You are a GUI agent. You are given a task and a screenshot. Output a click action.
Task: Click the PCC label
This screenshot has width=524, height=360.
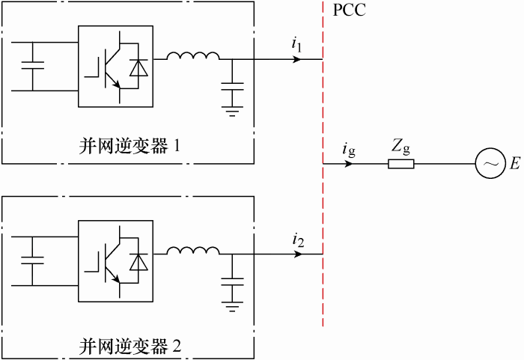[350, 10]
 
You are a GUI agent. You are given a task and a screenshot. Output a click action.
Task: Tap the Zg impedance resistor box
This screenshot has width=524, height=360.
[401, 164]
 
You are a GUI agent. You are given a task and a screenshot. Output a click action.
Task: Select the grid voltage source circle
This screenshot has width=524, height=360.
[490, 163]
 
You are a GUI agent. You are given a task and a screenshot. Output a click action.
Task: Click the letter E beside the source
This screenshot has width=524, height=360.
[515, 164]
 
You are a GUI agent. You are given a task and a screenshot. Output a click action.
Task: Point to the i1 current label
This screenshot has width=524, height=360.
[296, 45]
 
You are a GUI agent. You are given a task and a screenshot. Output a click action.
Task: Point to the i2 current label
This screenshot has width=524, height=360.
[298, 240]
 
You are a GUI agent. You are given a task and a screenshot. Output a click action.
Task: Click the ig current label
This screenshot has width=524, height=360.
[349, 150]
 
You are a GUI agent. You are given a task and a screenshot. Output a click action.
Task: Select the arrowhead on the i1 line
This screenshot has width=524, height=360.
[296, 59]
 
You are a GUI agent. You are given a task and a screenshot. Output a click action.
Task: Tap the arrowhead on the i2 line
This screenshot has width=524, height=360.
[297, 254]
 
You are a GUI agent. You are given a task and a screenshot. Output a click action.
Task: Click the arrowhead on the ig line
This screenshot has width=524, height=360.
[348, 164]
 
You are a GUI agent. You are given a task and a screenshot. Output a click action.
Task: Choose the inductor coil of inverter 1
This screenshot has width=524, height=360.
[193, 56]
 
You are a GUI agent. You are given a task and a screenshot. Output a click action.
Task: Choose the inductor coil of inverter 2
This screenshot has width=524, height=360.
[193, 251]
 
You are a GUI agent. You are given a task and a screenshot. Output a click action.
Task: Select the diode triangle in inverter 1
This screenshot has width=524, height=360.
[138, 67]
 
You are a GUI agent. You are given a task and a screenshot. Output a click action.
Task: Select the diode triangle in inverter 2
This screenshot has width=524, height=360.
[138, 263]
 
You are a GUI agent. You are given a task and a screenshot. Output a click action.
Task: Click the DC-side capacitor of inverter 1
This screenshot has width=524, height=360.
[33, 65]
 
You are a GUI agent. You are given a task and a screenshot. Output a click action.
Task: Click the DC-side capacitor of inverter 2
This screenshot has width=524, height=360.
[32, 260]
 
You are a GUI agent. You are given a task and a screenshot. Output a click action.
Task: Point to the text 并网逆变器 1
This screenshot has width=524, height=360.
[130, 146]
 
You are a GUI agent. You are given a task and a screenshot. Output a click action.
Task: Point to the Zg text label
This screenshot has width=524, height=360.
[400, 147]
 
